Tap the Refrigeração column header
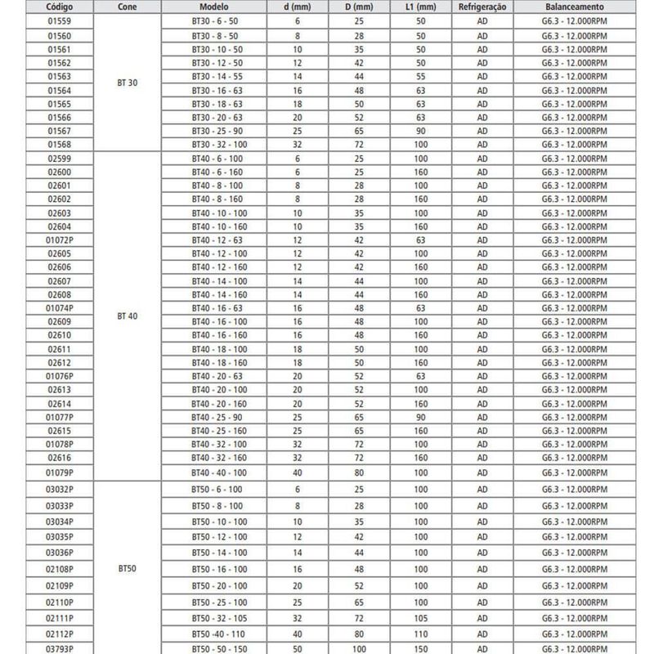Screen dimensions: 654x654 point(482,5)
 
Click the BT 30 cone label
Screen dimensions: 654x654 point(128,83)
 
